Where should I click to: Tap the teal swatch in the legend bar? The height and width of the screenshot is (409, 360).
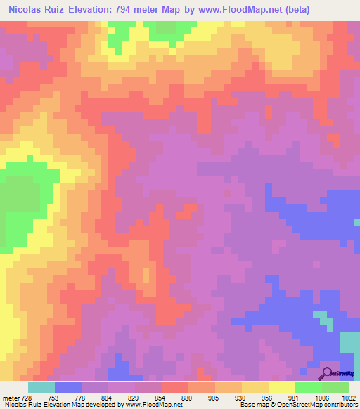pos(41,387)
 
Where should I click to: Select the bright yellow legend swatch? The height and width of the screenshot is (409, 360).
pos(282,387)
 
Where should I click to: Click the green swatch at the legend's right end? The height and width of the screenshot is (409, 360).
pos(335,387)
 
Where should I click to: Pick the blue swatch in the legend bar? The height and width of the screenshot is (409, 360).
pos(68,387)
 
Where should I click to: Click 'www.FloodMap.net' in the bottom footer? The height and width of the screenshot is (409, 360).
pos(153,405)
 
